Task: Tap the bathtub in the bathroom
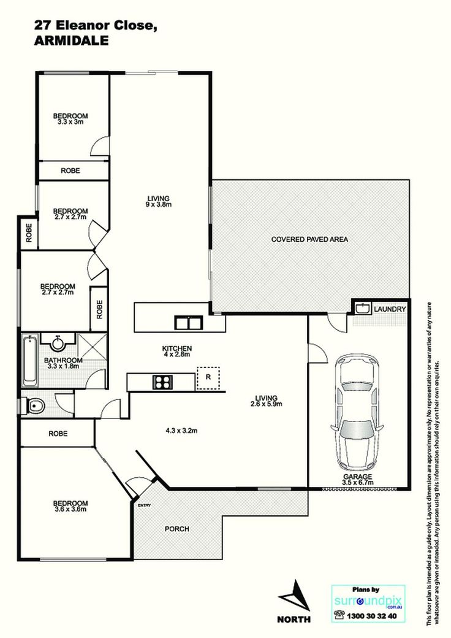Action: tap(29, 360)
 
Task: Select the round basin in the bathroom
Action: tap(58, 343)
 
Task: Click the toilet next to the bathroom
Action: tap(35, 405)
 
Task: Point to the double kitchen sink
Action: tap(188, 323)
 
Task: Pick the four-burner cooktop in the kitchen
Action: tap(162, 383)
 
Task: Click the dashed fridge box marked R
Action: tap(208, 379)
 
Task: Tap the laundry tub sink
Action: tap(362, 308)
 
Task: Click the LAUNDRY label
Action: tap(390, 309)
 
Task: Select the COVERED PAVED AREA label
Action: tap(309, 239)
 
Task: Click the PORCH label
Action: tap(176, 529)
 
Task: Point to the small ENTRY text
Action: tap(144, 505)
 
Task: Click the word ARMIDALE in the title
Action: tap(72, 40)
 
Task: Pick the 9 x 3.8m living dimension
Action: tap(159, 204)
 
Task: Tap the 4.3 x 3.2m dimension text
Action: tap(181, 431)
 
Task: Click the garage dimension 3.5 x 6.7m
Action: tap(357, 483)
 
